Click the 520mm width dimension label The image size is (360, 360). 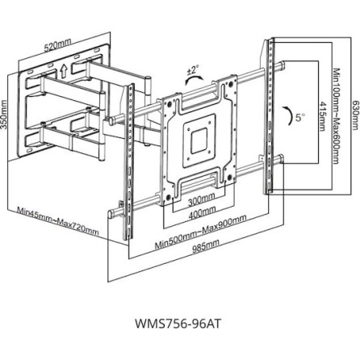coord(58,47)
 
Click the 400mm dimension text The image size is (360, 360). coord(202,214)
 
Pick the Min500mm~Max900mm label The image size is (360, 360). coord(200,232)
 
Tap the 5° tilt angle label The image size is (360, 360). coord(299,117)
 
